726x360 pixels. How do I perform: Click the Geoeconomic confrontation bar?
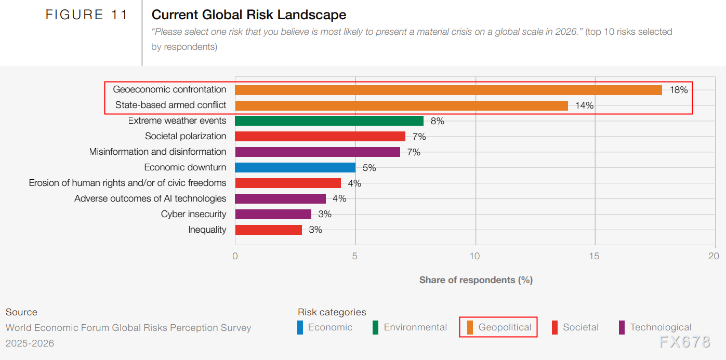[x=448, y=90]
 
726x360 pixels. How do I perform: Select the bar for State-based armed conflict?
[x=401, y=105]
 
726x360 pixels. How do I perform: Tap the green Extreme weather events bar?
[x=329, y=121]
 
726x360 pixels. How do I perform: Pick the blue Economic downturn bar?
[x=295, y=167]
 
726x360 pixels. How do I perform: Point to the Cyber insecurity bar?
[x=273, y=214]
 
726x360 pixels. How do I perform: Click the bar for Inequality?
[x=268, y=230]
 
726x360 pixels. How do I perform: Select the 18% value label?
[x=679, y=90]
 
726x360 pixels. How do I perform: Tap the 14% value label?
[x=584, y=105]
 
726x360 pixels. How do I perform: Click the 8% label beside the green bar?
[x=437, y=121]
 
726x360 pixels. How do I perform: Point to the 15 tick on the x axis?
[x=595, y=256]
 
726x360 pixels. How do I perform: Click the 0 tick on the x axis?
[x=235, y=256]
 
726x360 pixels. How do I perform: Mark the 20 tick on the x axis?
[x=714, y=256]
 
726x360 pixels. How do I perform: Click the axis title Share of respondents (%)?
[x=476, y=280]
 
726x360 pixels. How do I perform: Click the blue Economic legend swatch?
[x=300, y=328]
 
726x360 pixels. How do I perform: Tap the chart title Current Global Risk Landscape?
[x=249, y=15]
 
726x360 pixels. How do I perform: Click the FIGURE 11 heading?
[x=87, y=15]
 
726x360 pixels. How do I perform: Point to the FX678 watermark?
[x=684, y=342]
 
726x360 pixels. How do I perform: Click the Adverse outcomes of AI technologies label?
[x=150, y=198]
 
